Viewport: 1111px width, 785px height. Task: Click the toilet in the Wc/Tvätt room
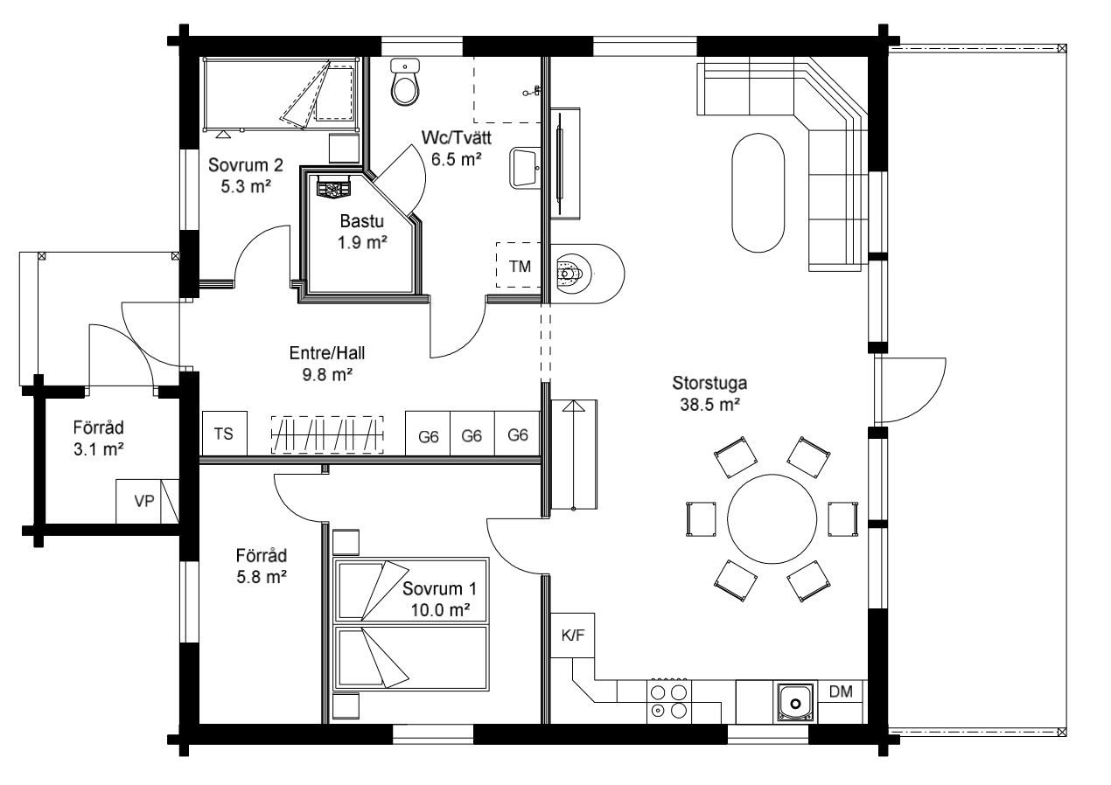coord(405,82)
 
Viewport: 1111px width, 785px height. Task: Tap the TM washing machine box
coord(519,265)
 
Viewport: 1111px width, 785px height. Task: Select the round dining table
coord(772,519)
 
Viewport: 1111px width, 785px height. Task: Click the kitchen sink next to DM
coord(795,703)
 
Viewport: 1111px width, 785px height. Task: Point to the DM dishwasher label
coord(841,691)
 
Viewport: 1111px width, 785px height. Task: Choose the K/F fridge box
coord(572,636)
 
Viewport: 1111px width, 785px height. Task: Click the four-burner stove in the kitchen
coord(668,701)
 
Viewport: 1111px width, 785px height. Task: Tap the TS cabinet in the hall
coord(224,433)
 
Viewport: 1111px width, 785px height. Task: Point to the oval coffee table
coord(758,193)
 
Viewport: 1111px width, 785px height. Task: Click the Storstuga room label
coord(709,383)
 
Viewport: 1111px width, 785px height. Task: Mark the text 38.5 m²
coord(709,405)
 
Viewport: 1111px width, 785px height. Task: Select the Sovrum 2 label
coord(246,165)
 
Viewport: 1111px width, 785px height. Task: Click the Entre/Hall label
coord(327,353)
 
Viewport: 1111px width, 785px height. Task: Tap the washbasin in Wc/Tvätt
coord(524,168)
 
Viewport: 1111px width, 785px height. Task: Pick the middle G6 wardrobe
coord(472,433)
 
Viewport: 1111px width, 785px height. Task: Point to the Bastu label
coord(361,221)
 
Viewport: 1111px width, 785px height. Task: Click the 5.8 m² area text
coord(262,577)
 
